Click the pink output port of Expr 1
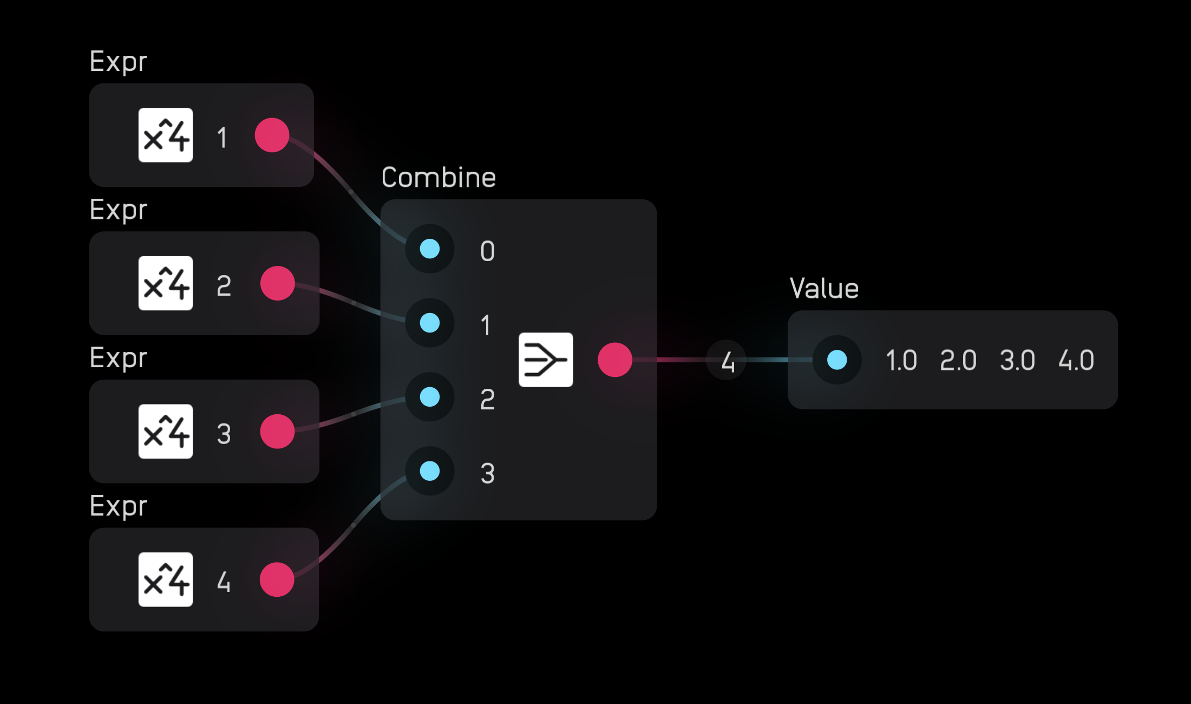click(x=272, y=135)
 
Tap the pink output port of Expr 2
click(x=277, y=283)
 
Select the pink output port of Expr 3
click(x=277, y=432)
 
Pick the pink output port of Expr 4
click(x=277, y=579)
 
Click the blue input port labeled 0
click(x=430, y=249)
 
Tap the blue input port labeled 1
click(x=430, y=323)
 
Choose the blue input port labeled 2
click(x=430, y=397)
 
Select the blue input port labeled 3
click(x=430, y=471)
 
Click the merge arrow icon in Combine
click(x=546, y=360)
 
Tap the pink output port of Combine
click(x=615, y=360)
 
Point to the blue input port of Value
click(x=837, y=360)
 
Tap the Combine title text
click(x=439, y=178)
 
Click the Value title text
click(x=824, y=289)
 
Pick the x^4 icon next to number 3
click(x=166, y=432)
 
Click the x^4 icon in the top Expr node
click(x=166, y=135)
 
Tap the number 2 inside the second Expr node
click(x=224, y=286)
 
